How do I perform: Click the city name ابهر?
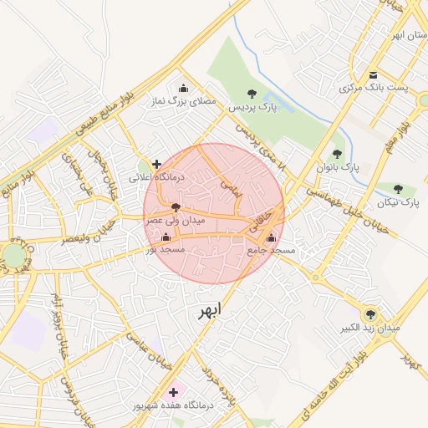pos(211,312)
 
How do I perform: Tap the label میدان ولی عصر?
pos(175,221)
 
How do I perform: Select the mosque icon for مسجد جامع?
pos(271,238)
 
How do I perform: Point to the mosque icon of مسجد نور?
pos(165,237)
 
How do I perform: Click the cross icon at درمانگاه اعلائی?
pos(156,164)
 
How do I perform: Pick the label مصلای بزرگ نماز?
pos(183,101)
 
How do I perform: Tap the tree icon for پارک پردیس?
pos(252,94)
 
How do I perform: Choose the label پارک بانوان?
pos(337,166)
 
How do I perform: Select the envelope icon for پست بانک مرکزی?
pos(373,75)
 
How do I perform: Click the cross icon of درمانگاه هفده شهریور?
pos(173,391)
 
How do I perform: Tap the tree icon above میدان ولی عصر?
pos(175,206)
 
